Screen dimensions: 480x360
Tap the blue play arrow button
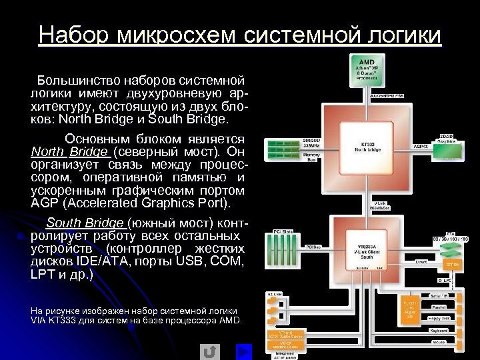pyautogui.click(x=244, y=351)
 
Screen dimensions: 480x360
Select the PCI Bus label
pyautogui.click(x=313, y=247)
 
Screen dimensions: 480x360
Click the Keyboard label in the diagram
pyautogui.click(x=439, y=330)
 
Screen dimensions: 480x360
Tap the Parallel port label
pyautogui.click(x=439, y=308)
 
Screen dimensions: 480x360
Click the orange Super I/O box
pyautogui.click(x=408, y=310)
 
